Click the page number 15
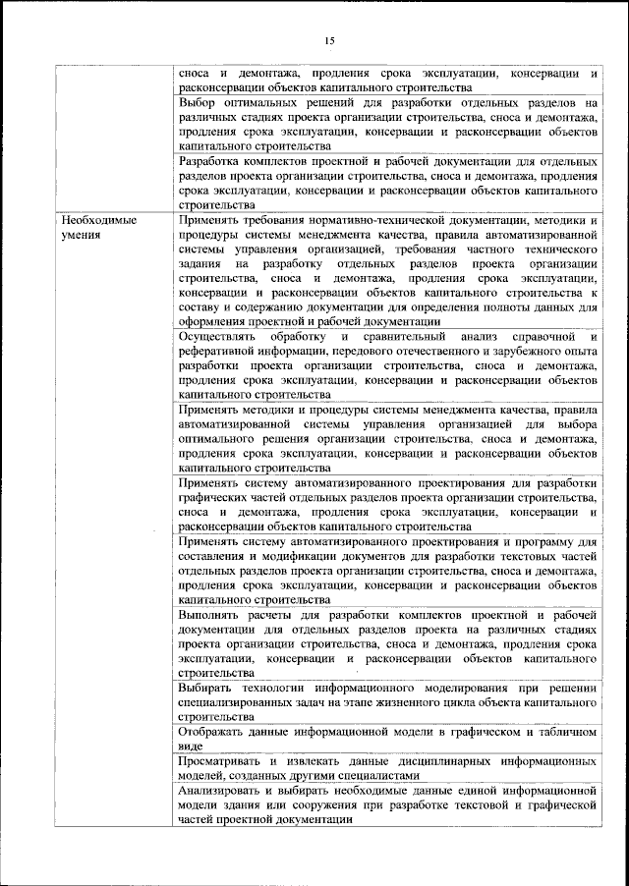pyautogui.click(x=329, y=39)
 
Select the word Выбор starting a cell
pyautogui.click(x=200, y=102)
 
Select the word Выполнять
pyautogui.click(x=210, y=614)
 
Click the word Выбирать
pyautogui.click(x=210, y=690)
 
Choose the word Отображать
pyautogui.click(x=216, y=734)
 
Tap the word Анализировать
pyautogui.click(x=227, y=791)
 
